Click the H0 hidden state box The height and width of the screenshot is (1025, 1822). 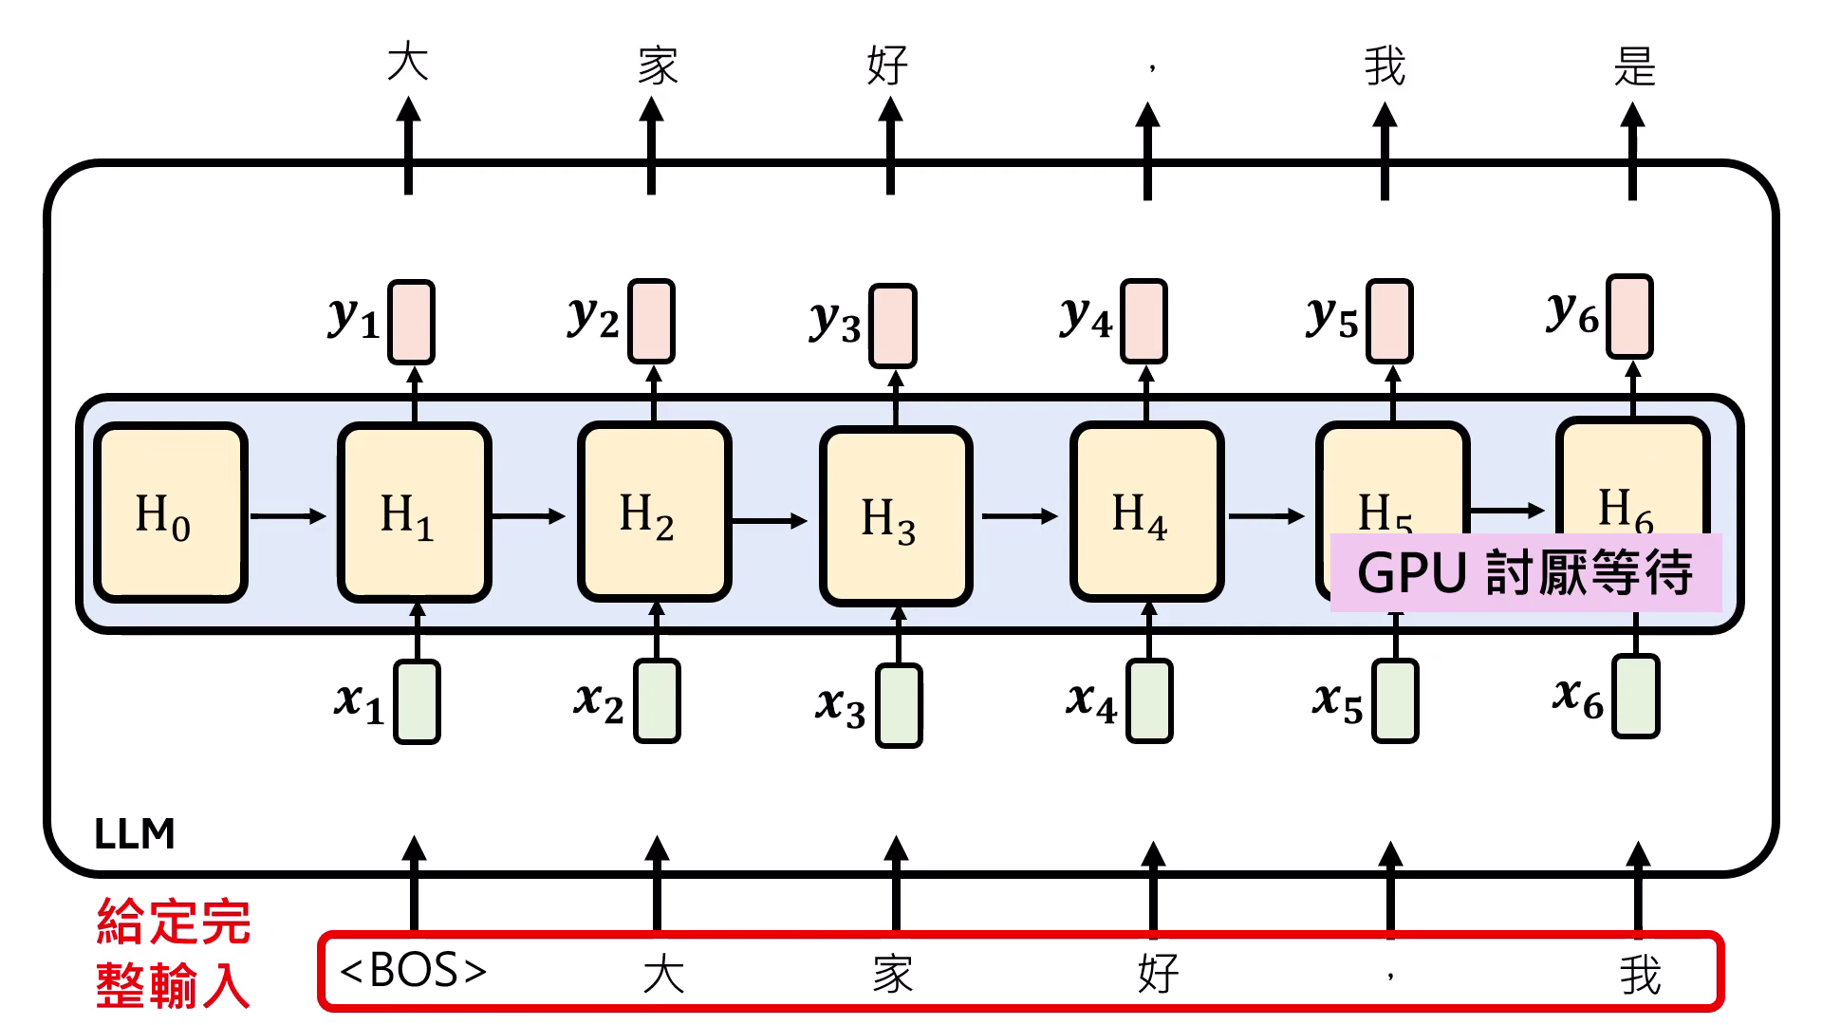click(170, 513)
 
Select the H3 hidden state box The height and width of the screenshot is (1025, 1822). click(896, 517)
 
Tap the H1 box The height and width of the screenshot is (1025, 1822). click(414, 513)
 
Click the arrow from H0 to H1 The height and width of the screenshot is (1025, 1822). click(288, 516)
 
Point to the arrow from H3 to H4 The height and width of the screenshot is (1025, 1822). click(1019, 516)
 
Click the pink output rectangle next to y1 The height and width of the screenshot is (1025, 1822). click(411, 322)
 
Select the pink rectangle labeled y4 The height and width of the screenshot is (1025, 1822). click(1143, 322)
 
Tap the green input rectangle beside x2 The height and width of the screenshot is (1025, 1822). click(657, 701)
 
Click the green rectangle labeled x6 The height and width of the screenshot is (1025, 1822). click(1635, 696)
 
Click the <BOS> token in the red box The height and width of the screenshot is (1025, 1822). click(413, 971)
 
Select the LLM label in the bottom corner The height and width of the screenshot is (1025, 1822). click(135, 834)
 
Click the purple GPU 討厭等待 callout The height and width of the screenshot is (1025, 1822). click(1525, 573)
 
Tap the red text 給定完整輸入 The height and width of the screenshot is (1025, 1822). click(173, 953)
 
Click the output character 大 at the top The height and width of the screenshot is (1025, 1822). click(408, 63)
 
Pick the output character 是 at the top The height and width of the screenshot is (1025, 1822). click(1634, 66)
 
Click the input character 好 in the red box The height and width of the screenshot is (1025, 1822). click(1158, 974)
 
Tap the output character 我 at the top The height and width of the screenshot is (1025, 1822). click(1385, 66)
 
